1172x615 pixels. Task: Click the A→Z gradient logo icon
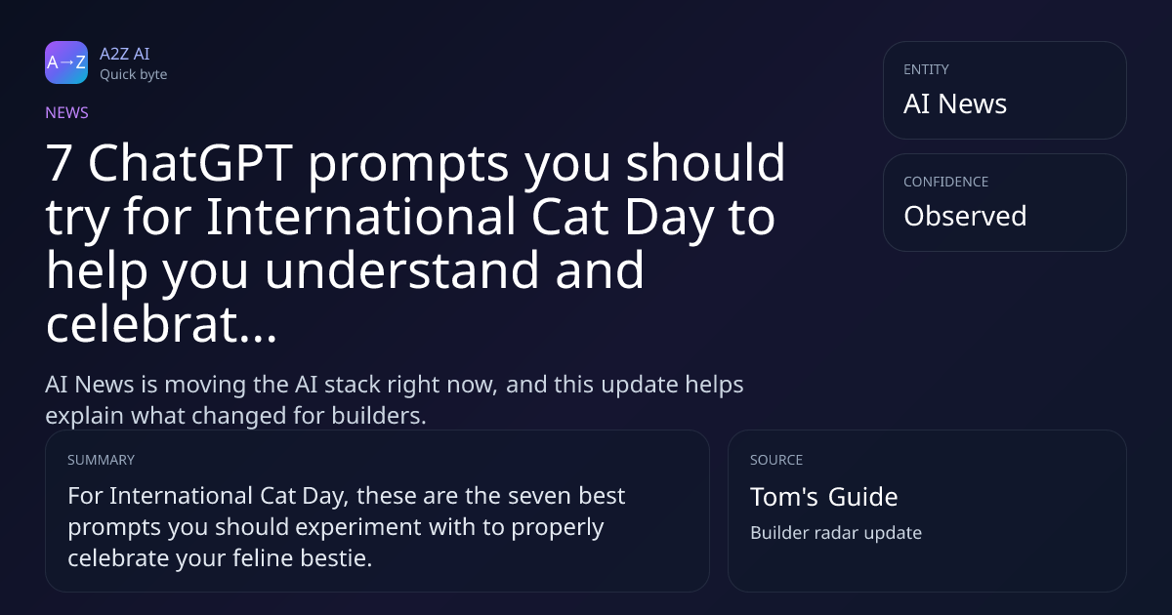click(x=66, y=62)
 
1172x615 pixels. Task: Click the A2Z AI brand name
click(x=125, y=54)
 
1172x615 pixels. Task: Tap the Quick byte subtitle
click(x=134, y=75)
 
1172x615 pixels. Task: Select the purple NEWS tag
click(x=66, y=112)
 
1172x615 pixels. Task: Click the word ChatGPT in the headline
click(x=190, y=163)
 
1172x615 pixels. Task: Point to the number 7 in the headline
click(x=59, y=163)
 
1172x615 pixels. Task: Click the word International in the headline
click(x=360, y=217)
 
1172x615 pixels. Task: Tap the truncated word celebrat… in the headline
click(x=161, y=324)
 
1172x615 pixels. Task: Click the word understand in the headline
click(x=401, y=270)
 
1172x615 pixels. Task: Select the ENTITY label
click(x=926, y=69)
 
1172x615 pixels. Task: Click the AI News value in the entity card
click(x=955, y=103)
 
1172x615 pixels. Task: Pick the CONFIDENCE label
click(x=946, y=182)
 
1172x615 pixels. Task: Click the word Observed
click(x=965, y=216)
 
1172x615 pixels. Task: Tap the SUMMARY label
click(x=101, y=460)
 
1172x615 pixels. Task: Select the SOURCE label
click(x=776, y=460)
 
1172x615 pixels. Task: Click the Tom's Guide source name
click(x=824, y=496)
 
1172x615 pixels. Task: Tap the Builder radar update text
click(x=836, y=532)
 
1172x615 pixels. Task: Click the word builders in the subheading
click(x=379, y=416)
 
